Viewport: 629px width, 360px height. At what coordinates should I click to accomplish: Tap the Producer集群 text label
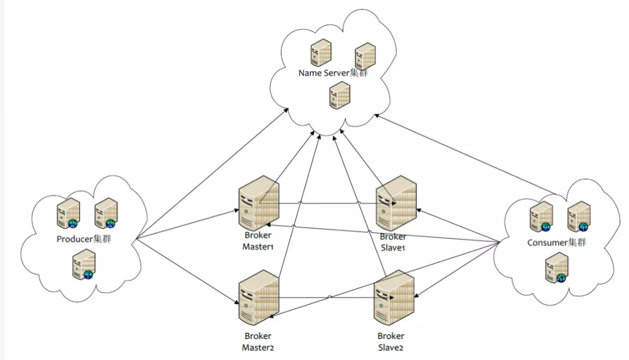click(x=89, y=239)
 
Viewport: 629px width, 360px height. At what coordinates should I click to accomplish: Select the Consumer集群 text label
click(x=557, y=243)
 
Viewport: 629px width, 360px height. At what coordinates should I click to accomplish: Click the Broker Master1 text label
click(x=258, y=241)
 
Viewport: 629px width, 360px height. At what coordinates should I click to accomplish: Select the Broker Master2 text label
click(x=258, y=342)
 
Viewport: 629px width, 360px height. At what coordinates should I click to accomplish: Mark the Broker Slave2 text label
click(x=391, y=342)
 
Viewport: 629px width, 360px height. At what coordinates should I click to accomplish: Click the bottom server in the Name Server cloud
click(x=339, y=95)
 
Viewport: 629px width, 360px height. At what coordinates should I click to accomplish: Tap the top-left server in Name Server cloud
click(x=321, y=53)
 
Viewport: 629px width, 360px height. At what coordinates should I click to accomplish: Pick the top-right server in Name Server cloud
click(x=365, y=56)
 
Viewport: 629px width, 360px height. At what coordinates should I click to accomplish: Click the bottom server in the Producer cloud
click(x=84, y=264)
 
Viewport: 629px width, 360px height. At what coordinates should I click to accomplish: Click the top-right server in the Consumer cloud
click(x=578, y=216)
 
